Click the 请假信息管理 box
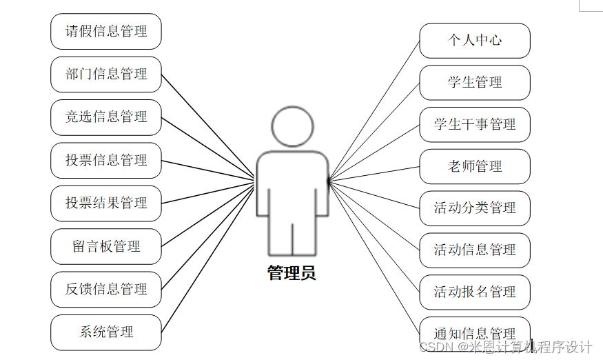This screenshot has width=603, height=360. [106, 31]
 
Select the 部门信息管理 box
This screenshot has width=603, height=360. [106, 74]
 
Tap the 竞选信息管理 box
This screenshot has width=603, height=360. [106, 117]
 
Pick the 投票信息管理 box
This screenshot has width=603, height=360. [106, 160]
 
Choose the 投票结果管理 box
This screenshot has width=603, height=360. [106, 203]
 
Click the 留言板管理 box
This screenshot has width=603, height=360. [106, 246]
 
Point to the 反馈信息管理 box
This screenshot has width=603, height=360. [106, 289]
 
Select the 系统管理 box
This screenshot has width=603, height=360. [106, 332]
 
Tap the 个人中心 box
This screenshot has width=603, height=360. [475, 40]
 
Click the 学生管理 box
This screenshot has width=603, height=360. [475, 83]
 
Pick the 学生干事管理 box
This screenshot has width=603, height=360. [475, 125]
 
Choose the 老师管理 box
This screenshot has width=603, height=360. [475, 166]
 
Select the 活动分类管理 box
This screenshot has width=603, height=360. [475, 208]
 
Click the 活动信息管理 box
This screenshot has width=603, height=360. [475, 250]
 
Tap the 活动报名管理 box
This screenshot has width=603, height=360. [475, 292]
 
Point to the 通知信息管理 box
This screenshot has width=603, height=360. [475, 334]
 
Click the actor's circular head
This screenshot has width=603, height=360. [293, 127]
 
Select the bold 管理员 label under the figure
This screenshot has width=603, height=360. [292, 273]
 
